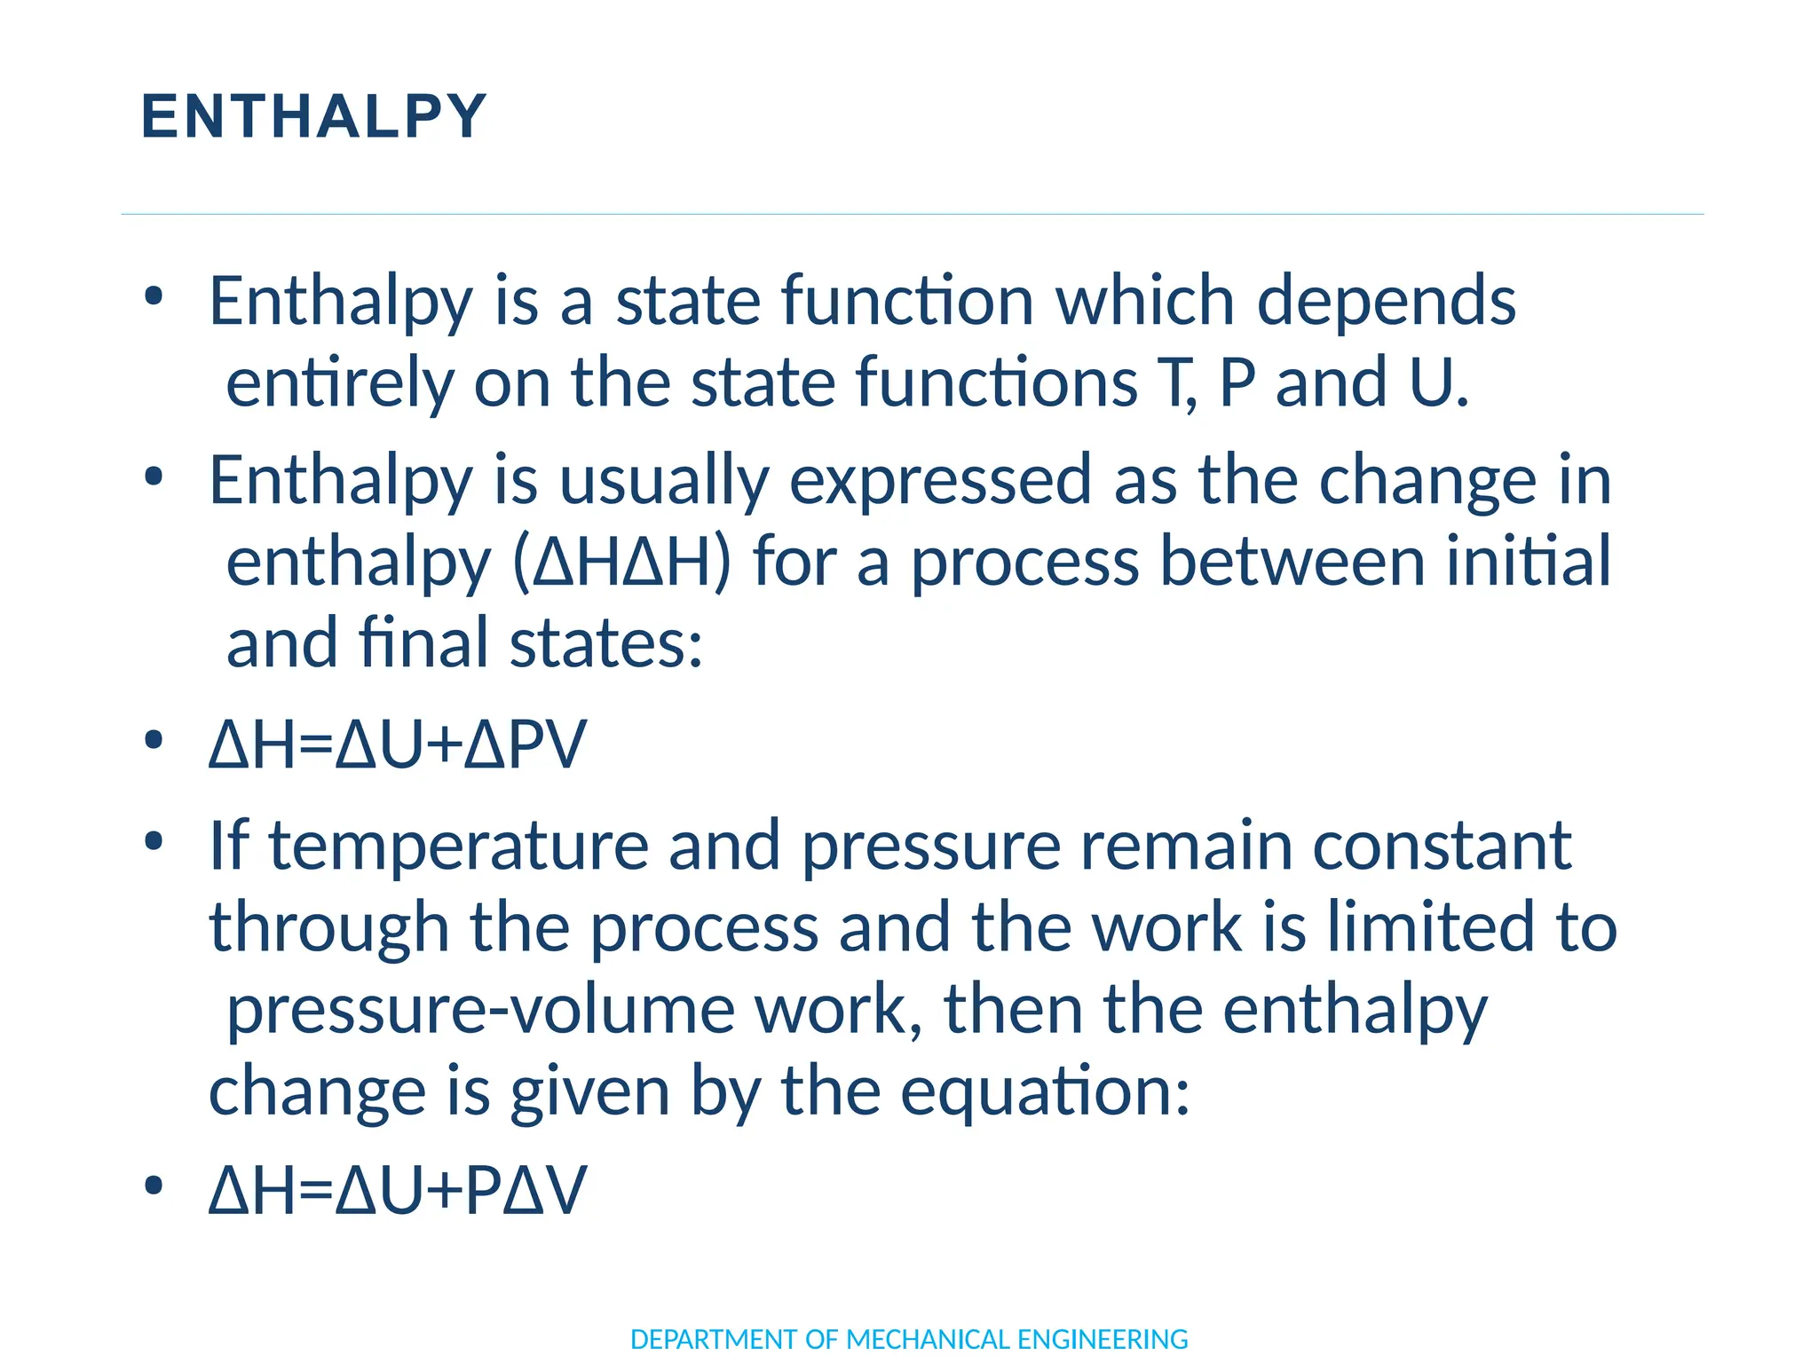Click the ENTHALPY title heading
tap(313, 116)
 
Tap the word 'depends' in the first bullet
tap(1386, 302)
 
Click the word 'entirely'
tap(339, 383)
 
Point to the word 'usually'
tap(663, 481)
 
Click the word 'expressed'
tap(940, 481)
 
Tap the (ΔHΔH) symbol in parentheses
tap(622, 563)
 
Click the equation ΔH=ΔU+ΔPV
tap(397, 744)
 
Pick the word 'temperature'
tap(459, 846)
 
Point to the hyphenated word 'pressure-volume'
tap(480, 1010)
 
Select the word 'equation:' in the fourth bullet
tap(1045, 1091)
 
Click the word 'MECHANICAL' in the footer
tap(927, 1339)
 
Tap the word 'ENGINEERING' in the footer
tap(1103, 1339)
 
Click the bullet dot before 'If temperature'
tap(154, 841)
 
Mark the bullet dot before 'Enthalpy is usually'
tap(154, 477)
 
